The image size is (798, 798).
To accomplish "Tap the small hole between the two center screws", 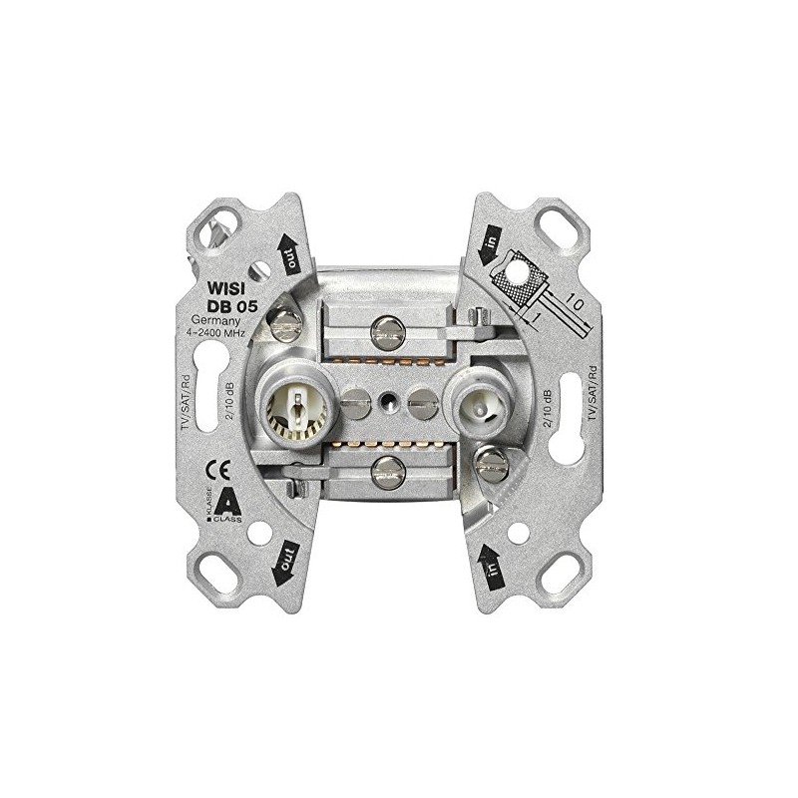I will tap(387, 404).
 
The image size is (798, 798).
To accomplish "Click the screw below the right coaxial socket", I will tap(491, 460).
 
